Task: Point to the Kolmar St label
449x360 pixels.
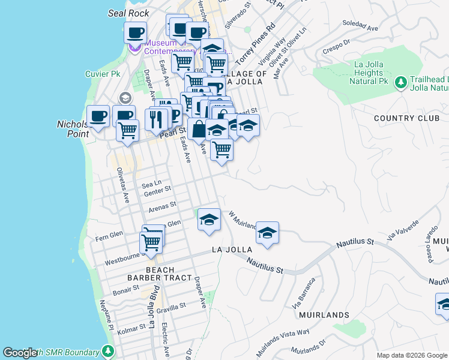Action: (x=132, y=328)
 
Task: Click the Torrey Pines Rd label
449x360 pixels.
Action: (x=255, y=45)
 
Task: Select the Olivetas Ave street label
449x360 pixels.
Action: (x=122, y=185)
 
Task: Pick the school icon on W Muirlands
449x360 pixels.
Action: (x=267, y=233)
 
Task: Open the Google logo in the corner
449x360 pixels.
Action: (x=20, y=353)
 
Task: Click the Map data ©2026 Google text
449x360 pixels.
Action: (x=411, y=355)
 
